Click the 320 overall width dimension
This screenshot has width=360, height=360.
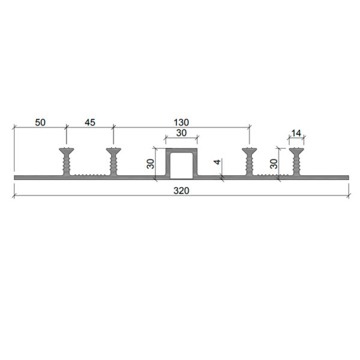click(181, 191)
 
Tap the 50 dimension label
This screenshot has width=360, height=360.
click(40, 122)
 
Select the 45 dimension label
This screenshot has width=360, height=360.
click(90, 122)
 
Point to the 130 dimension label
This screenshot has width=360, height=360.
click(181, 122)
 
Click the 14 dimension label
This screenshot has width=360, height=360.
click(296, 133)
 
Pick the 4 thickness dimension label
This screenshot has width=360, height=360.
click(217, 161)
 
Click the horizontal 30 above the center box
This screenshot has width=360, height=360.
click(181, 133)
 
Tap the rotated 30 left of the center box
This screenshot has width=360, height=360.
click(151, 164)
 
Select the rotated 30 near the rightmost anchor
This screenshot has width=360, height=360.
click(274, 164)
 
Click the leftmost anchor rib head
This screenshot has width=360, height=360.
click(67, 151)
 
